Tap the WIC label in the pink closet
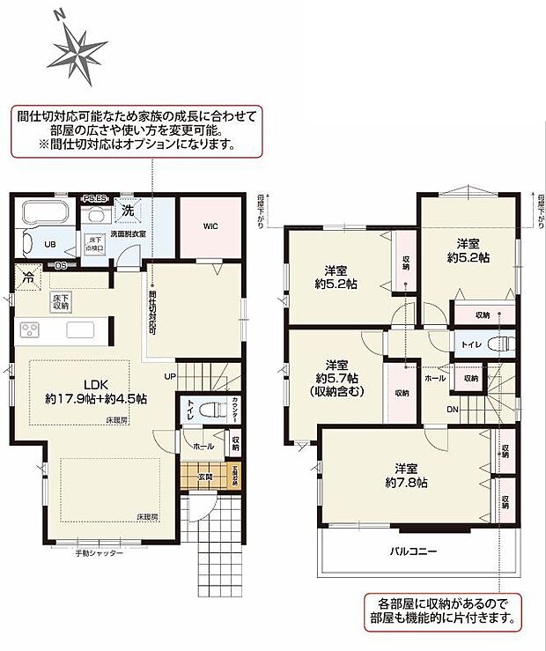point(210,226)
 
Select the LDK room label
point(96,384)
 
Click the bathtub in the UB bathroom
point(43,215)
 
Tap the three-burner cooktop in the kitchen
point(29,331)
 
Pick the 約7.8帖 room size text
point(410,483)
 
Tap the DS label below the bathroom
point(60,264)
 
